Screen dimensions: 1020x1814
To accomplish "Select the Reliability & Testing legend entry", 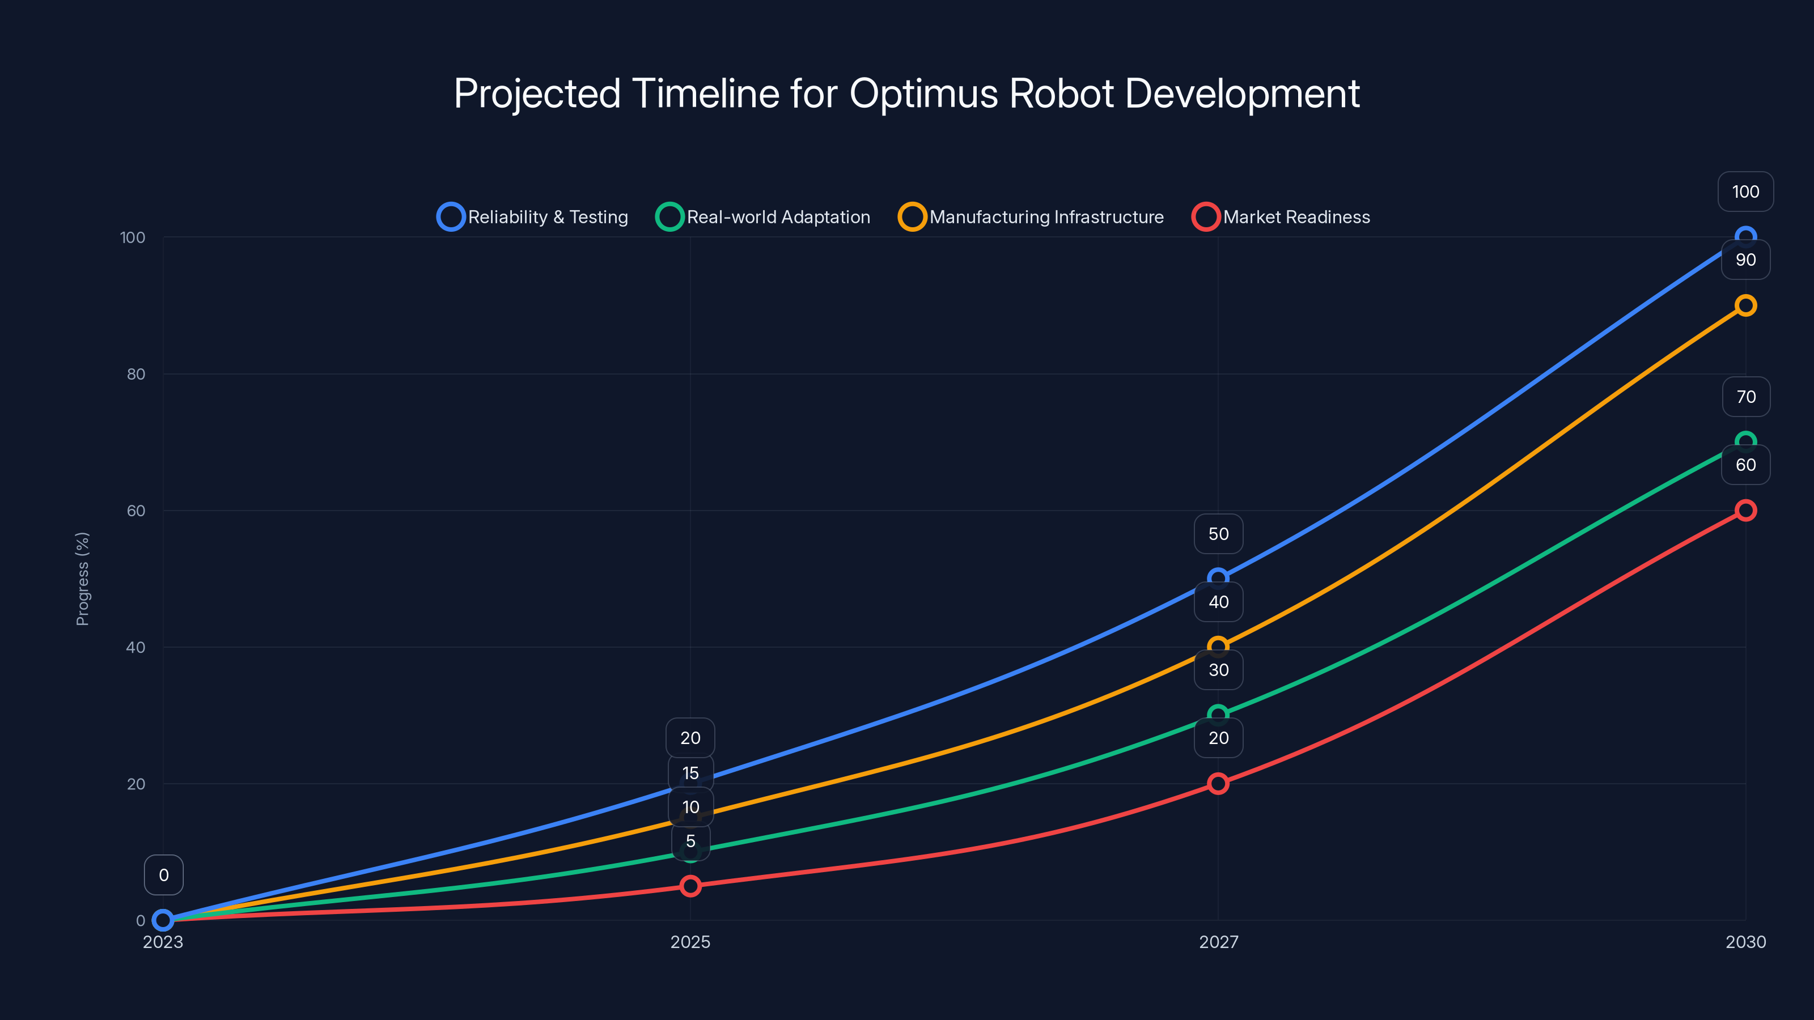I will (532, 217).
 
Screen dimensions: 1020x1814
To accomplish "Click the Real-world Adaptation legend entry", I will (764, 217).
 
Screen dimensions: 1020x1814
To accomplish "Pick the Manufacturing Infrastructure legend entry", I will (1031, 217).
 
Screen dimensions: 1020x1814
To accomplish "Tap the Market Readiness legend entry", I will (1281, 217).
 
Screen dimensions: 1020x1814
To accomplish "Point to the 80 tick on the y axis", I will (136, 374).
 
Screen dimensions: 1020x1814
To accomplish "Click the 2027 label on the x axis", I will (1218, 942).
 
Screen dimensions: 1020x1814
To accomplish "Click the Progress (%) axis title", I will (82, 579).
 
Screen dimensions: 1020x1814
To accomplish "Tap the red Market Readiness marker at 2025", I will (690, 886).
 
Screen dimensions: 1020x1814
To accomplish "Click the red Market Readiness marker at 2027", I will (1218, 784).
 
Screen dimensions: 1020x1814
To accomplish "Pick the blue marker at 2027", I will (1218, 579).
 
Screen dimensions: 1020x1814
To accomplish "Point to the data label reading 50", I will (1218, 534).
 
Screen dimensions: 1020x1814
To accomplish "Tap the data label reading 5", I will (690, 841).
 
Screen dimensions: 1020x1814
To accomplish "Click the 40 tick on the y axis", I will (136, 647).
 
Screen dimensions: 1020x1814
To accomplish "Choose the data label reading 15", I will (690, 773).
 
